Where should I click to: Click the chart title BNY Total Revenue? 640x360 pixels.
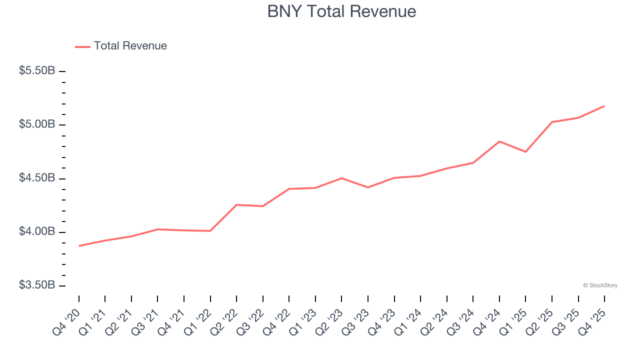point(341,11)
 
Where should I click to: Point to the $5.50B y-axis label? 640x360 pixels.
point(37,71)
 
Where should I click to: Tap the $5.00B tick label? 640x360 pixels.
point(37,124)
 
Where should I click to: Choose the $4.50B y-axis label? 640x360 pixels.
point(37,178)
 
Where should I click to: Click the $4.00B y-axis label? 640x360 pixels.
point(37,231)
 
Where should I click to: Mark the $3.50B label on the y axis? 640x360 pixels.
point(37,285)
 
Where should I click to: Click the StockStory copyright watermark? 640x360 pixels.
point(600,285)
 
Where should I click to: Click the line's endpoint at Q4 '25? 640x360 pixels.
point(604,106)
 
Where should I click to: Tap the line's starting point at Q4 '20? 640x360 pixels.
point(79,246)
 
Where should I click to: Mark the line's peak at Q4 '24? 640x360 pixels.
point(499,141)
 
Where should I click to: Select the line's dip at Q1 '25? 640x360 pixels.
point(525,151)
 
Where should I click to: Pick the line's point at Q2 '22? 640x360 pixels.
point(236,204)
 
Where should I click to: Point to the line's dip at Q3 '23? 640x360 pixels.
point(368,187)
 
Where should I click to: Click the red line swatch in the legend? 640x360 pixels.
point(82,46)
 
